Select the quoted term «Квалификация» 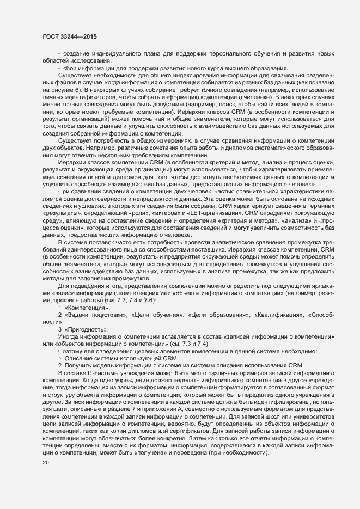[279, 315]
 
